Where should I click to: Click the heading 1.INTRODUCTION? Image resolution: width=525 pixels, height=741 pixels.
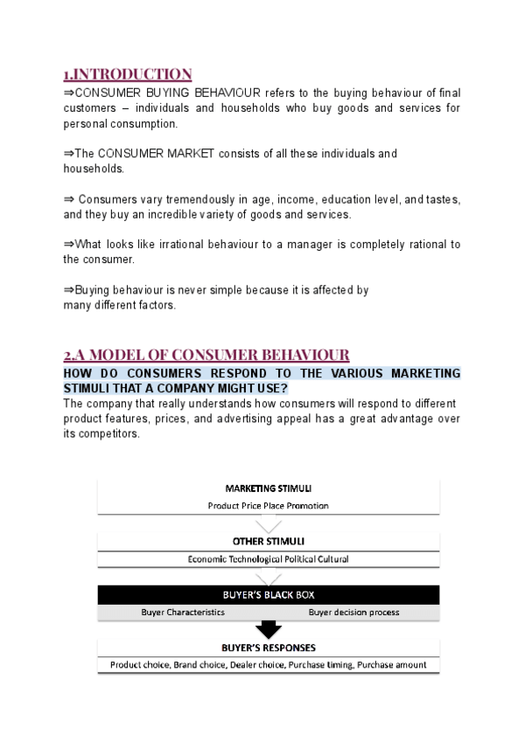pyautogui.click(x=128, y=73)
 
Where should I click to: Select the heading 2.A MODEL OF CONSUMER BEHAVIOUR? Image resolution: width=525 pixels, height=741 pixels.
pyautogui.click(x=206, y=355)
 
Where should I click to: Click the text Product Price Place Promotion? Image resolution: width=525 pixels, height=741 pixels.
pyautogui.click(x=269, y=505)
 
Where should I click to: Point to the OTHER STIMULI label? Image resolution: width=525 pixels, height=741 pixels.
pyautogui.click(x=269, y=541)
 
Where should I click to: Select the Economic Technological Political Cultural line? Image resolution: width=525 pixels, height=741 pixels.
pyautogui.click(x=269, y=559)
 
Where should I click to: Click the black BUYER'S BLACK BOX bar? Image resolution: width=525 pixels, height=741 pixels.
pyautogui.click(x=269, y=594)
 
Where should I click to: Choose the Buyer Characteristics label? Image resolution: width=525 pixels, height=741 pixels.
pyautogui.click(x=183, y=612)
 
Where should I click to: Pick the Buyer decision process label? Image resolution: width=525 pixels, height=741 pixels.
pyautogui.click(x=353, y=612)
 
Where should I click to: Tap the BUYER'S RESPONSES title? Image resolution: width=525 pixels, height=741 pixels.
pyautogui.click(x=269, y=648)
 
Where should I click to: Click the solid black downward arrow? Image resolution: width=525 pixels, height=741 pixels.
pyautogui.click(x=269, y=629)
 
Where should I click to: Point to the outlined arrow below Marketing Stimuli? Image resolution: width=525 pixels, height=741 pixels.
pyautogui.click(x=269, y=523)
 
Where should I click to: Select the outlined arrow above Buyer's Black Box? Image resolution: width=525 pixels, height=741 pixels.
pyautogui.click(x=269, y=577)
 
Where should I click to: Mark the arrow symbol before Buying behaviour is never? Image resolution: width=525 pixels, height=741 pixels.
pyautogui.click(x=68, y=290)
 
